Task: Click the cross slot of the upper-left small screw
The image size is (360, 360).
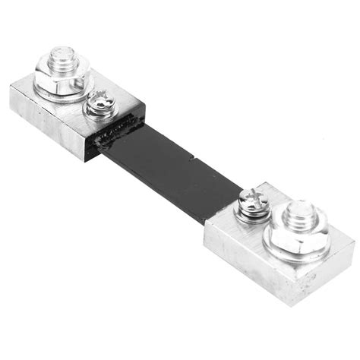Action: (x=99, y=101)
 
